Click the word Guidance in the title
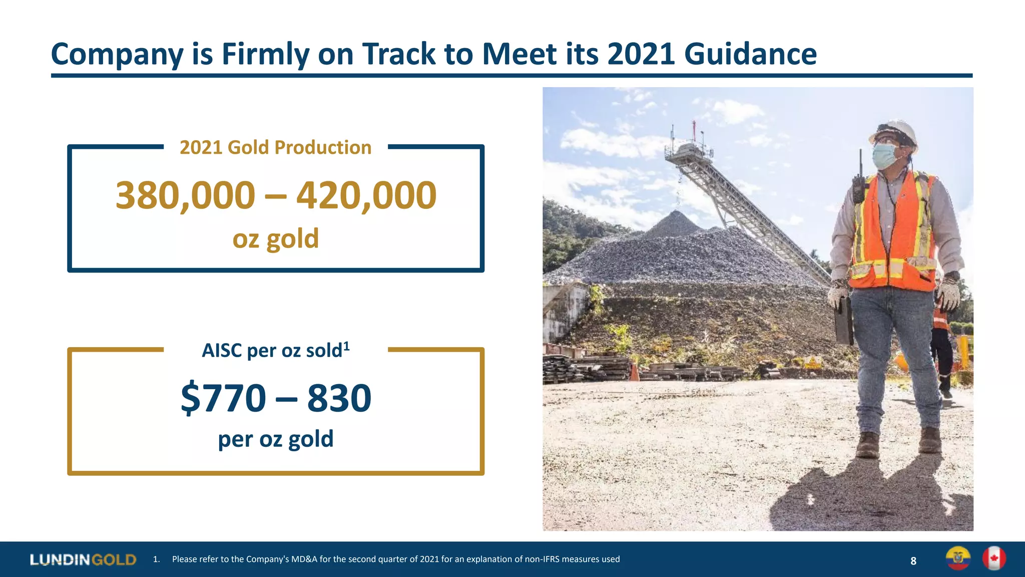point(750,54)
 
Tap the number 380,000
point(185,195)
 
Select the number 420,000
point(366,195)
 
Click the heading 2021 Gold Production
point(275,148)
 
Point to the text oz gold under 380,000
point(275,239)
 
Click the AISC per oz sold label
point(275,350)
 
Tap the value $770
point(223,398)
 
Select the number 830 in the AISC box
point(339,398)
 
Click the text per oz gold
point(275,439)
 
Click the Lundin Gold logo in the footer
point(83,559)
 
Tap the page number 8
point(913,561)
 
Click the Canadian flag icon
point(993,558)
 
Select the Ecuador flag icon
point(958,558)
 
